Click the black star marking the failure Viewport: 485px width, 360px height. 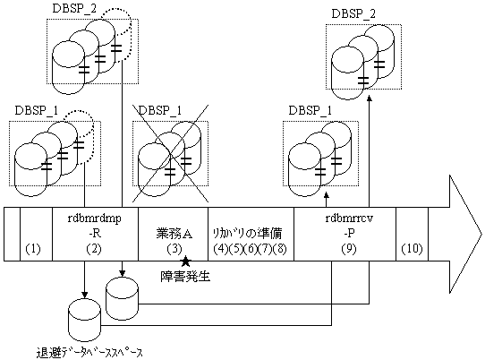(185, 261)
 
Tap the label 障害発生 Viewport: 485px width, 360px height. (185, 277)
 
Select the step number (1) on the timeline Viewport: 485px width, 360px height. (33, 249)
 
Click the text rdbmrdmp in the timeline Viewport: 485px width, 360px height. (94, 219)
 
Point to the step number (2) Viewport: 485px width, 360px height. (94, 249)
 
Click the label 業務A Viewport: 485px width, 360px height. (174, 234)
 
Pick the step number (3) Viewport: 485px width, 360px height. (174, 249)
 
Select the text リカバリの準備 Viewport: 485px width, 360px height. (248, 234)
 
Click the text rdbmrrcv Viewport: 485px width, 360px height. (349, 219)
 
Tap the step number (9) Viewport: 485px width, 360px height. (349, 249)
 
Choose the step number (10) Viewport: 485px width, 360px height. (412, 249)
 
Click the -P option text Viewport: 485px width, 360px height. (349, 234)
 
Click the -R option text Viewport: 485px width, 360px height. (94, 234)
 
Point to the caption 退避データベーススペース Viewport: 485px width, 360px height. (89, 353)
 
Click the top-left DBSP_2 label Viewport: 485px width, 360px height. (74, 9)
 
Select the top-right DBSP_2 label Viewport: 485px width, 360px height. (353, 14)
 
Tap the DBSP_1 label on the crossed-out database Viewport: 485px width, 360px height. (160, 110)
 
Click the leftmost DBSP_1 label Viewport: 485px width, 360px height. (37, 110)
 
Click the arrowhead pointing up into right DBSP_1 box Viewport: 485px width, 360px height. (326, 195)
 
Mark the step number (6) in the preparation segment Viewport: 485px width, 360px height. (251, 249)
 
